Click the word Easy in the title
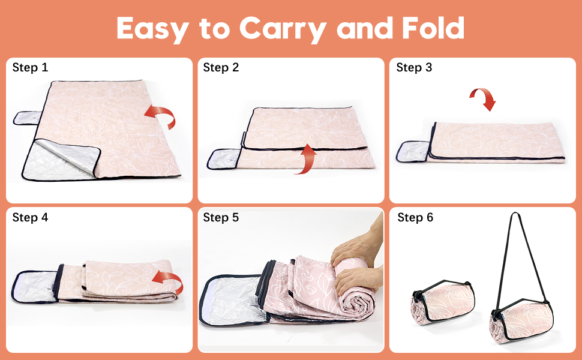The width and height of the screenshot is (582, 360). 152,29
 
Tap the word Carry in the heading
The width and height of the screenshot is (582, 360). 283,29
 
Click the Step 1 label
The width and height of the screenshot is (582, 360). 30,68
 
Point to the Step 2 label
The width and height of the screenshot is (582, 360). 221,68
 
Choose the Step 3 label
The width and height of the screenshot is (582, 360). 414,68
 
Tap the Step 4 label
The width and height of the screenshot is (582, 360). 30,217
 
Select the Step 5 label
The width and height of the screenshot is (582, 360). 221,217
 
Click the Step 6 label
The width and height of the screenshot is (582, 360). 415,217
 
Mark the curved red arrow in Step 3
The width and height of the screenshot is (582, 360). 484,96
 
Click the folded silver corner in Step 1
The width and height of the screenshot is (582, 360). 61,160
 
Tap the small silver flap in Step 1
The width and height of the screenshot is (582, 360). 27,118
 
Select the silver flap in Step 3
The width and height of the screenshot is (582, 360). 413,151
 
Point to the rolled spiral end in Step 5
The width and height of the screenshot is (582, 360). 359,308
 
